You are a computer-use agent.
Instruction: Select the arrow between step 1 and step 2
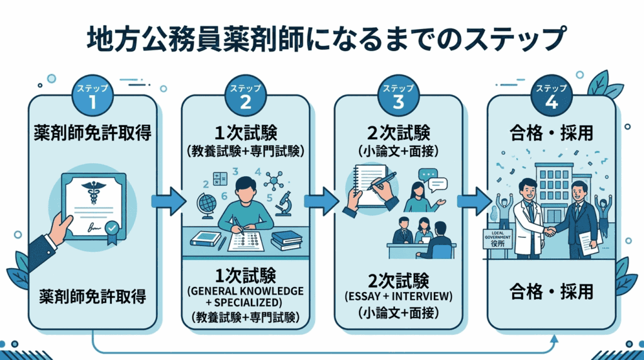(169, 201)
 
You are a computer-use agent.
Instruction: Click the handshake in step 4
(550, 232)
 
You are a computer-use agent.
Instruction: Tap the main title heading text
(322, 40)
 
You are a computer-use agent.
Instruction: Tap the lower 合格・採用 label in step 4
(552, 293)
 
